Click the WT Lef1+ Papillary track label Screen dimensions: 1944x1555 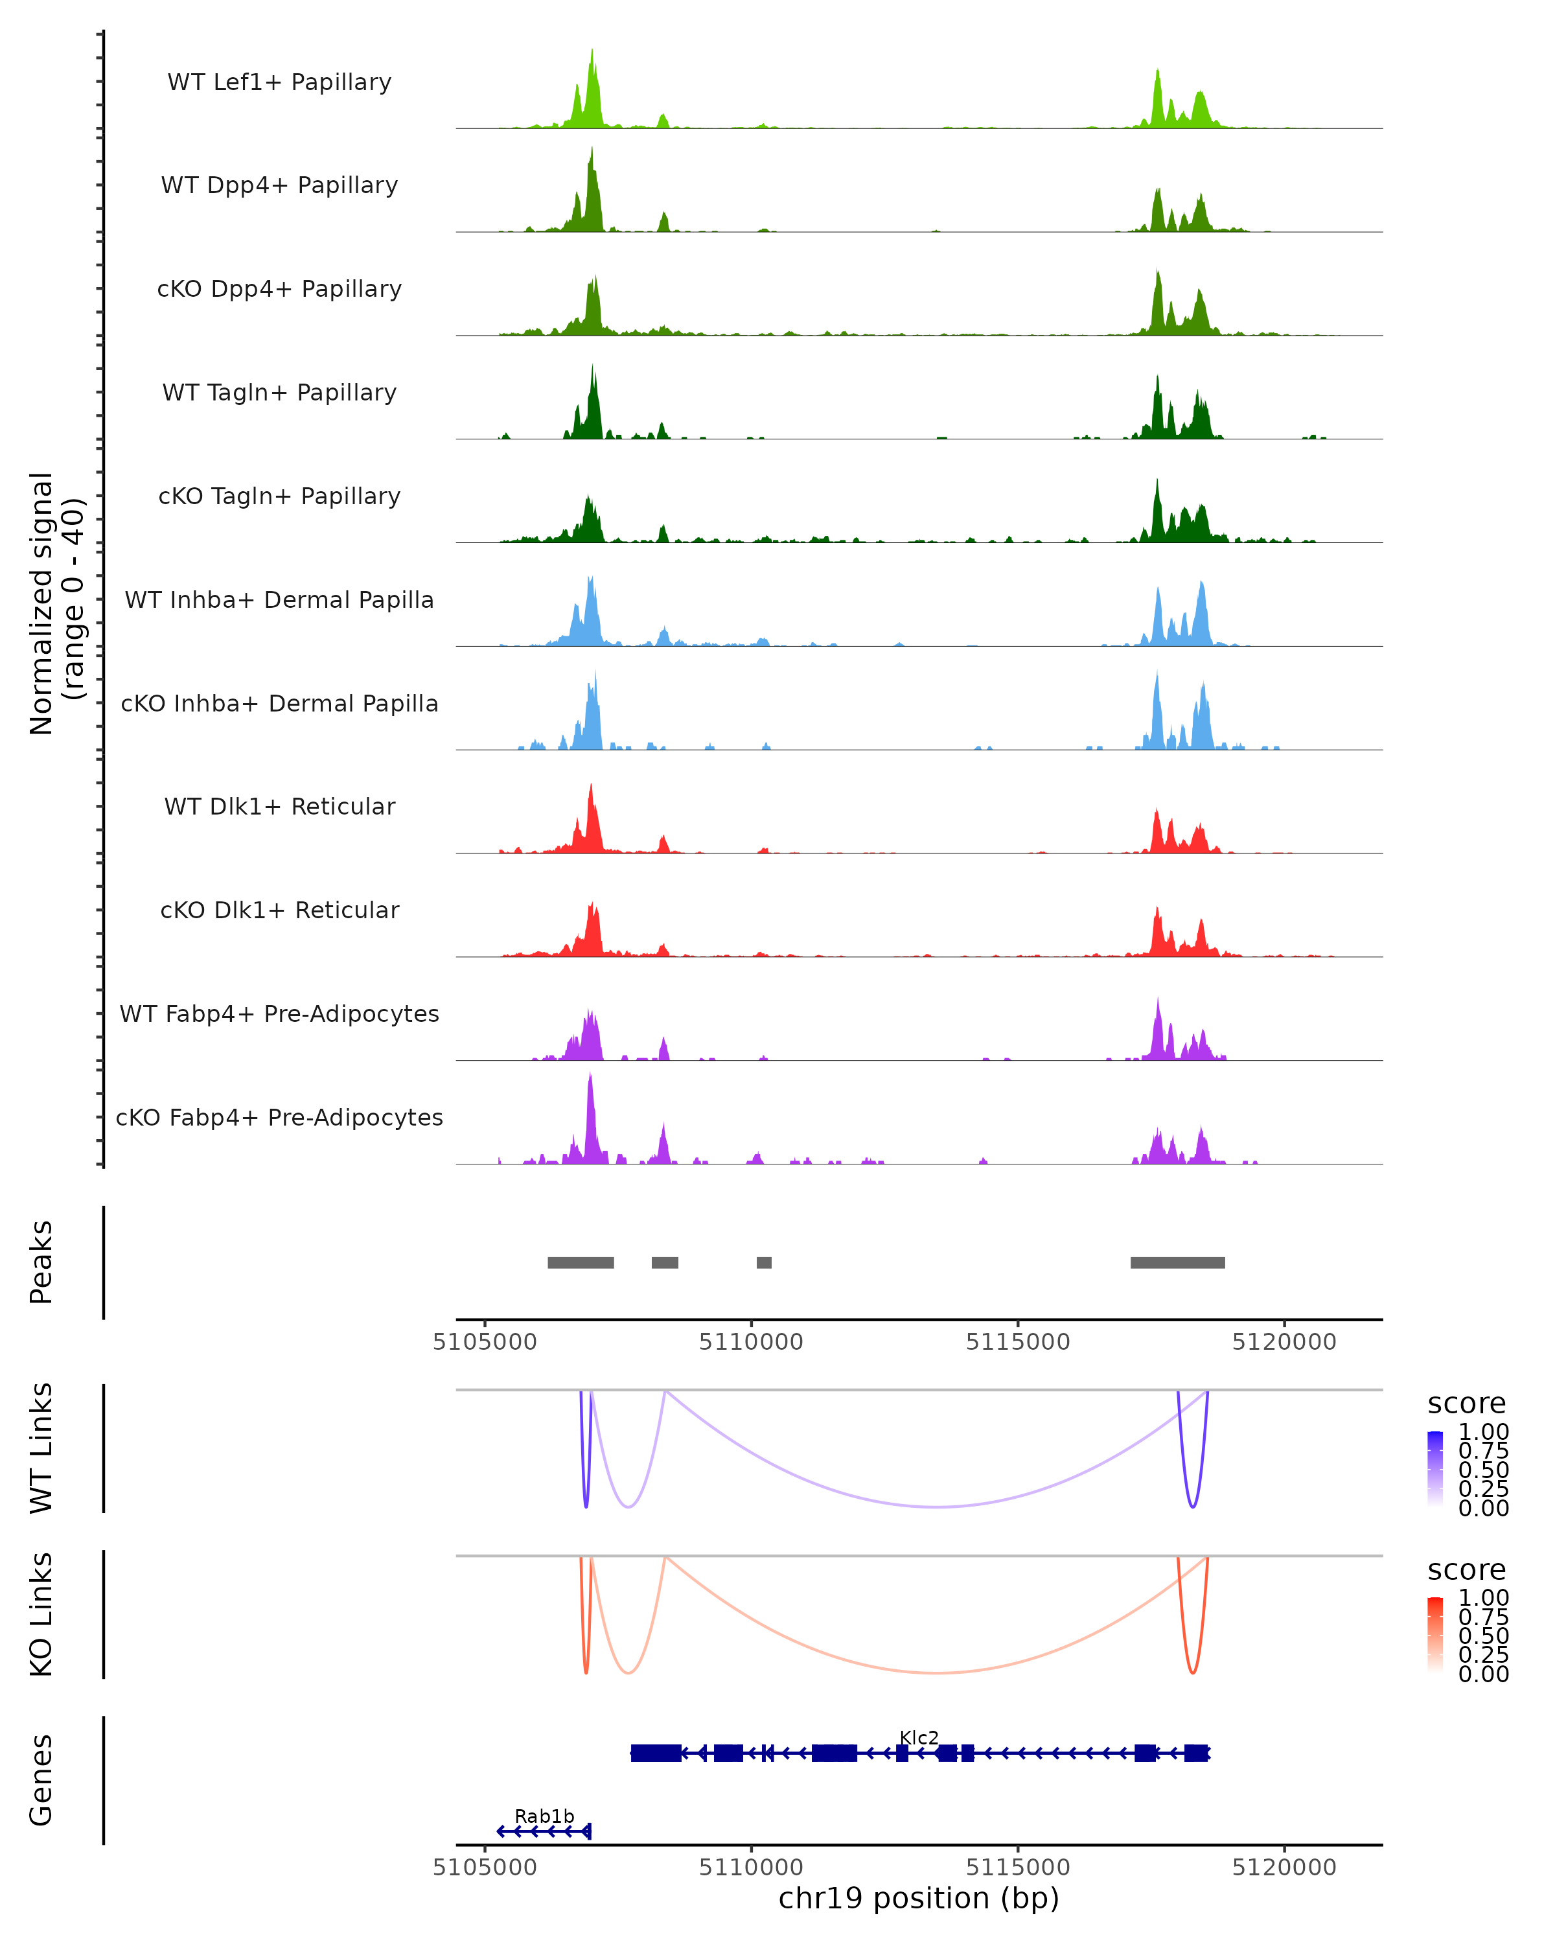[279, 82]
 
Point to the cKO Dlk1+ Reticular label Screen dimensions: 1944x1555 [279, 910]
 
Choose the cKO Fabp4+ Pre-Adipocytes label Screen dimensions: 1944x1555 [279, 1117]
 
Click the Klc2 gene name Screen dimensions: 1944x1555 [919, 1737]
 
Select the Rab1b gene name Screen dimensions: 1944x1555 [544, 1816]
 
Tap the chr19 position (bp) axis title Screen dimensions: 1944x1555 [919, 1898]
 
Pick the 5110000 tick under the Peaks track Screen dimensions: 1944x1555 [751, 1342]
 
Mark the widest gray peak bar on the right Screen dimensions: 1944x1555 [1177, 1262]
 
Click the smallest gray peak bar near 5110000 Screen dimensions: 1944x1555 [763, 1262]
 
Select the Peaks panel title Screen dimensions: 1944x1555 [41, 1262]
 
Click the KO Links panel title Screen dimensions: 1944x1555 [41, 1615]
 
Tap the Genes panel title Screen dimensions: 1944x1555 [41, 1780]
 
